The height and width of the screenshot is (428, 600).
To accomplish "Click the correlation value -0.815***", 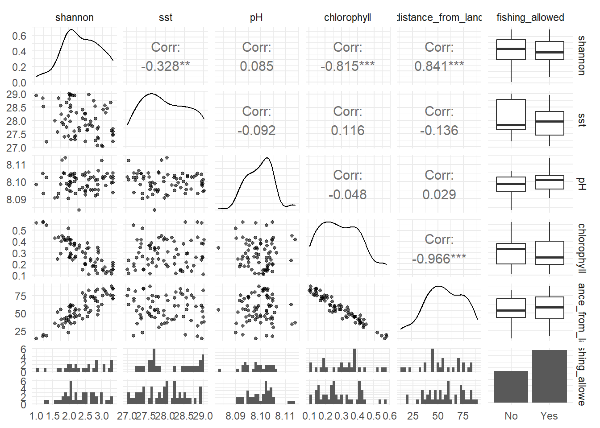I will click(x=347, y=66).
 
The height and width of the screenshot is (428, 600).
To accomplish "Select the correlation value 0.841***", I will click(x=439, y=66).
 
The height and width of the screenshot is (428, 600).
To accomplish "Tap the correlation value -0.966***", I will click(x=439, y=259).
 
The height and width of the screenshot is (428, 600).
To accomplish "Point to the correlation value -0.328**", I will click(x=165, y=66).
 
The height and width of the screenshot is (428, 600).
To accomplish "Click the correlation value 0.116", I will click(x=347, y=130).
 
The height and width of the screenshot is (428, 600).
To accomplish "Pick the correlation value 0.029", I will click(x=439, y=194).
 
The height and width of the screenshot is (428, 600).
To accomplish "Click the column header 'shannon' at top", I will click(x=75, y=17).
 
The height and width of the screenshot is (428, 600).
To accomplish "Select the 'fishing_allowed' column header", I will click(x=530, y=17).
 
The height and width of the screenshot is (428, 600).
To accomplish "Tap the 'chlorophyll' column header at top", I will click(x=347, y=17).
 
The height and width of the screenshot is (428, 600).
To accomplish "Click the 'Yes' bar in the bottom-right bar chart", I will click(x=549, y=376).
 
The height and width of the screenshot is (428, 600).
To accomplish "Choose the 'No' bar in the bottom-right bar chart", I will click(x=511, y=387).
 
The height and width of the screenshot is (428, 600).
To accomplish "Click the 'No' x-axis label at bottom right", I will click(x=511, y=416).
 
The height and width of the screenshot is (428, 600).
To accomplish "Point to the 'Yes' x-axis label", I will click(x=549, y=416).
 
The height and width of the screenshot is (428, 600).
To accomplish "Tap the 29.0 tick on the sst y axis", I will click(x=17, y=95).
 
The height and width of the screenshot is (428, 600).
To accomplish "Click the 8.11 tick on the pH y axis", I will click(x=17, y=165).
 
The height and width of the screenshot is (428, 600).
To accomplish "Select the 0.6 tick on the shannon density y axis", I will click(x=19, y=36).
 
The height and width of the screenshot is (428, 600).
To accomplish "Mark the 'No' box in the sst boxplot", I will click(x=511, y=114).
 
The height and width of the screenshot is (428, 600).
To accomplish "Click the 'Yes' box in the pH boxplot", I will click(x=549, y=182).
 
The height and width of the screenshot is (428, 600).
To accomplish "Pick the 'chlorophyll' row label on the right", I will click(x=581, y=247).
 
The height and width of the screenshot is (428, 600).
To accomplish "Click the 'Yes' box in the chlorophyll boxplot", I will click(x=549, y=253).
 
